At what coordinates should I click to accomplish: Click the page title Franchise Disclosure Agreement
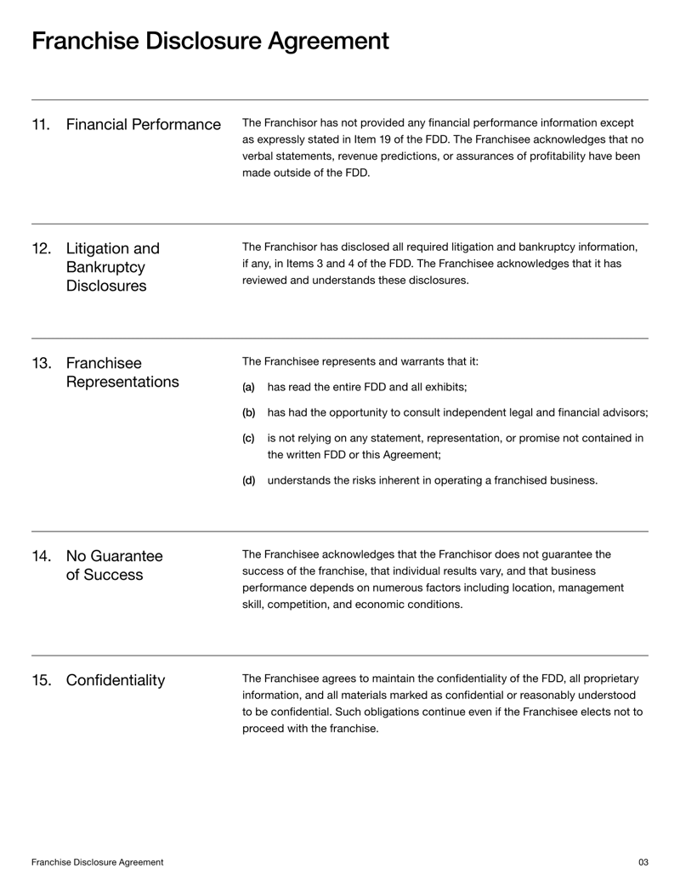tap(210, 41)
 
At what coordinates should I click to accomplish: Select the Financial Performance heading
tap(143, 126)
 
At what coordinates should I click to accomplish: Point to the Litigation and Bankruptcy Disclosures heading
tap(112, 267)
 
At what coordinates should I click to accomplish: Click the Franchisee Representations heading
tap(122, 372)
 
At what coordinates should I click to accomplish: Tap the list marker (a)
tap(248, 388)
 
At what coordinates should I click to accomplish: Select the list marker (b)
tap(248, 413)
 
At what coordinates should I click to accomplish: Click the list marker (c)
tap(248, 439)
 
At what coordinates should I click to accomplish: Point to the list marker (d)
tap(248, 480)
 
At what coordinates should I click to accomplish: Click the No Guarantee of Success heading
tap(114, 565)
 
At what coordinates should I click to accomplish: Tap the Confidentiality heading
tap(115, 680)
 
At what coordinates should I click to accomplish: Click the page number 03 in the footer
tap(643, 862)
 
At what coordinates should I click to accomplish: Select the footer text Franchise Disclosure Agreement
tap(98, 862)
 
